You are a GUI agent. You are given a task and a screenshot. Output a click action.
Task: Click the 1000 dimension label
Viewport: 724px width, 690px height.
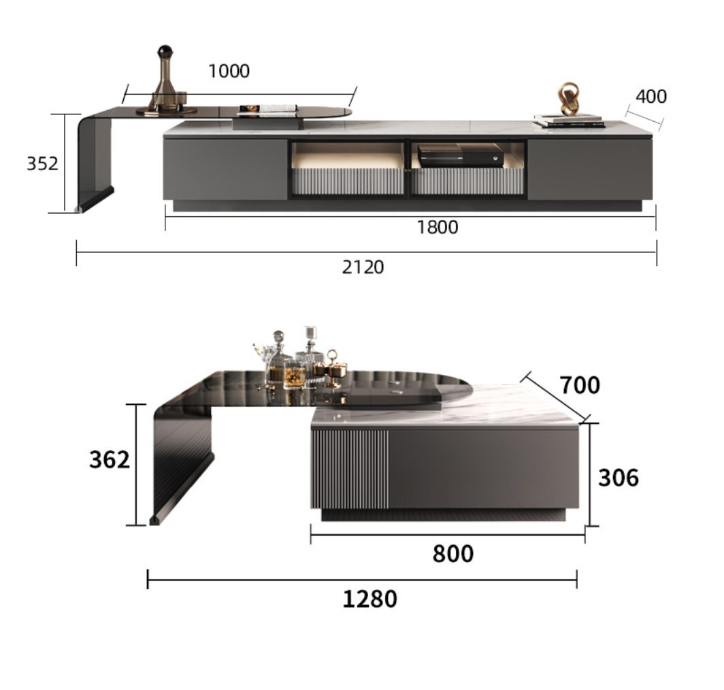(229, 71)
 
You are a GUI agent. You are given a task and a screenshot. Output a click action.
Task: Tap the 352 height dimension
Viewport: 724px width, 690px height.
(42, 163)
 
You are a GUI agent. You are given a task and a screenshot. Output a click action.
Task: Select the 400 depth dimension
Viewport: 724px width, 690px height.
(651, 96)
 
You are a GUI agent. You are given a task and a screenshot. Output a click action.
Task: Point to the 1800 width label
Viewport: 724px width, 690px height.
(438, 227)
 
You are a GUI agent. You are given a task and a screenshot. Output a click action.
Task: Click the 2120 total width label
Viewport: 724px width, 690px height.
(363, 267)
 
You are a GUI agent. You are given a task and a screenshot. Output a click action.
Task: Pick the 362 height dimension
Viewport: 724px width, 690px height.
(110, 460)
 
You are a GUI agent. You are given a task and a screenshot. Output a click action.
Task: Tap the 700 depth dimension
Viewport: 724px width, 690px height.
(580, 385)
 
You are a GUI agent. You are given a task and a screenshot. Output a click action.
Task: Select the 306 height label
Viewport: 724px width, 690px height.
(619, 478)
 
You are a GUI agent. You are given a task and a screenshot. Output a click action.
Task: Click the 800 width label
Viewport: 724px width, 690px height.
(453, 554)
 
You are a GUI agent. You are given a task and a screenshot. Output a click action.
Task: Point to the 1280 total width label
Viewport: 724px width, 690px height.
(370, 599)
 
